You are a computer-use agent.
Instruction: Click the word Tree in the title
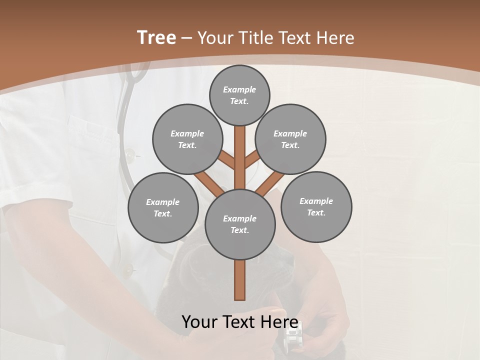[x=156, y=37]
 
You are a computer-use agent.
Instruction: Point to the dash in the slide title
[x=187, y=38]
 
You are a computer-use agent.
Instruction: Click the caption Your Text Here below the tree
[x=240, y=321]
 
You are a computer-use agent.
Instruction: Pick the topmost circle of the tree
[x=239, y=95]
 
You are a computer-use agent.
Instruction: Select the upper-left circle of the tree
[x=187, y=139]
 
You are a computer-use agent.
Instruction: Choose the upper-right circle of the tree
[x=290, y=139]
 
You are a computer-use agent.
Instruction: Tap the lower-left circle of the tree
[x=163, y=207]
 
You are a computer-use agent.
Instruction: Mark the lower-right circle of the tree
[x=316, y=206]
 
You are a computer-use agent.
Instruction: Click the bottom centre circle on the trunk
[x=240, y=224]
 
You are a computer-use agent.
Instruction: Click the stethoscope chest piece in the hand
[x=292, y=337]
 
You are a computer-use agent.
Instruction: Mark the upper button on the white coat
[x=130, y=155]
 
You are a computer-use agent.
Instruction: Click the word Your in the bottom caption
[x=199, y=321]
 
